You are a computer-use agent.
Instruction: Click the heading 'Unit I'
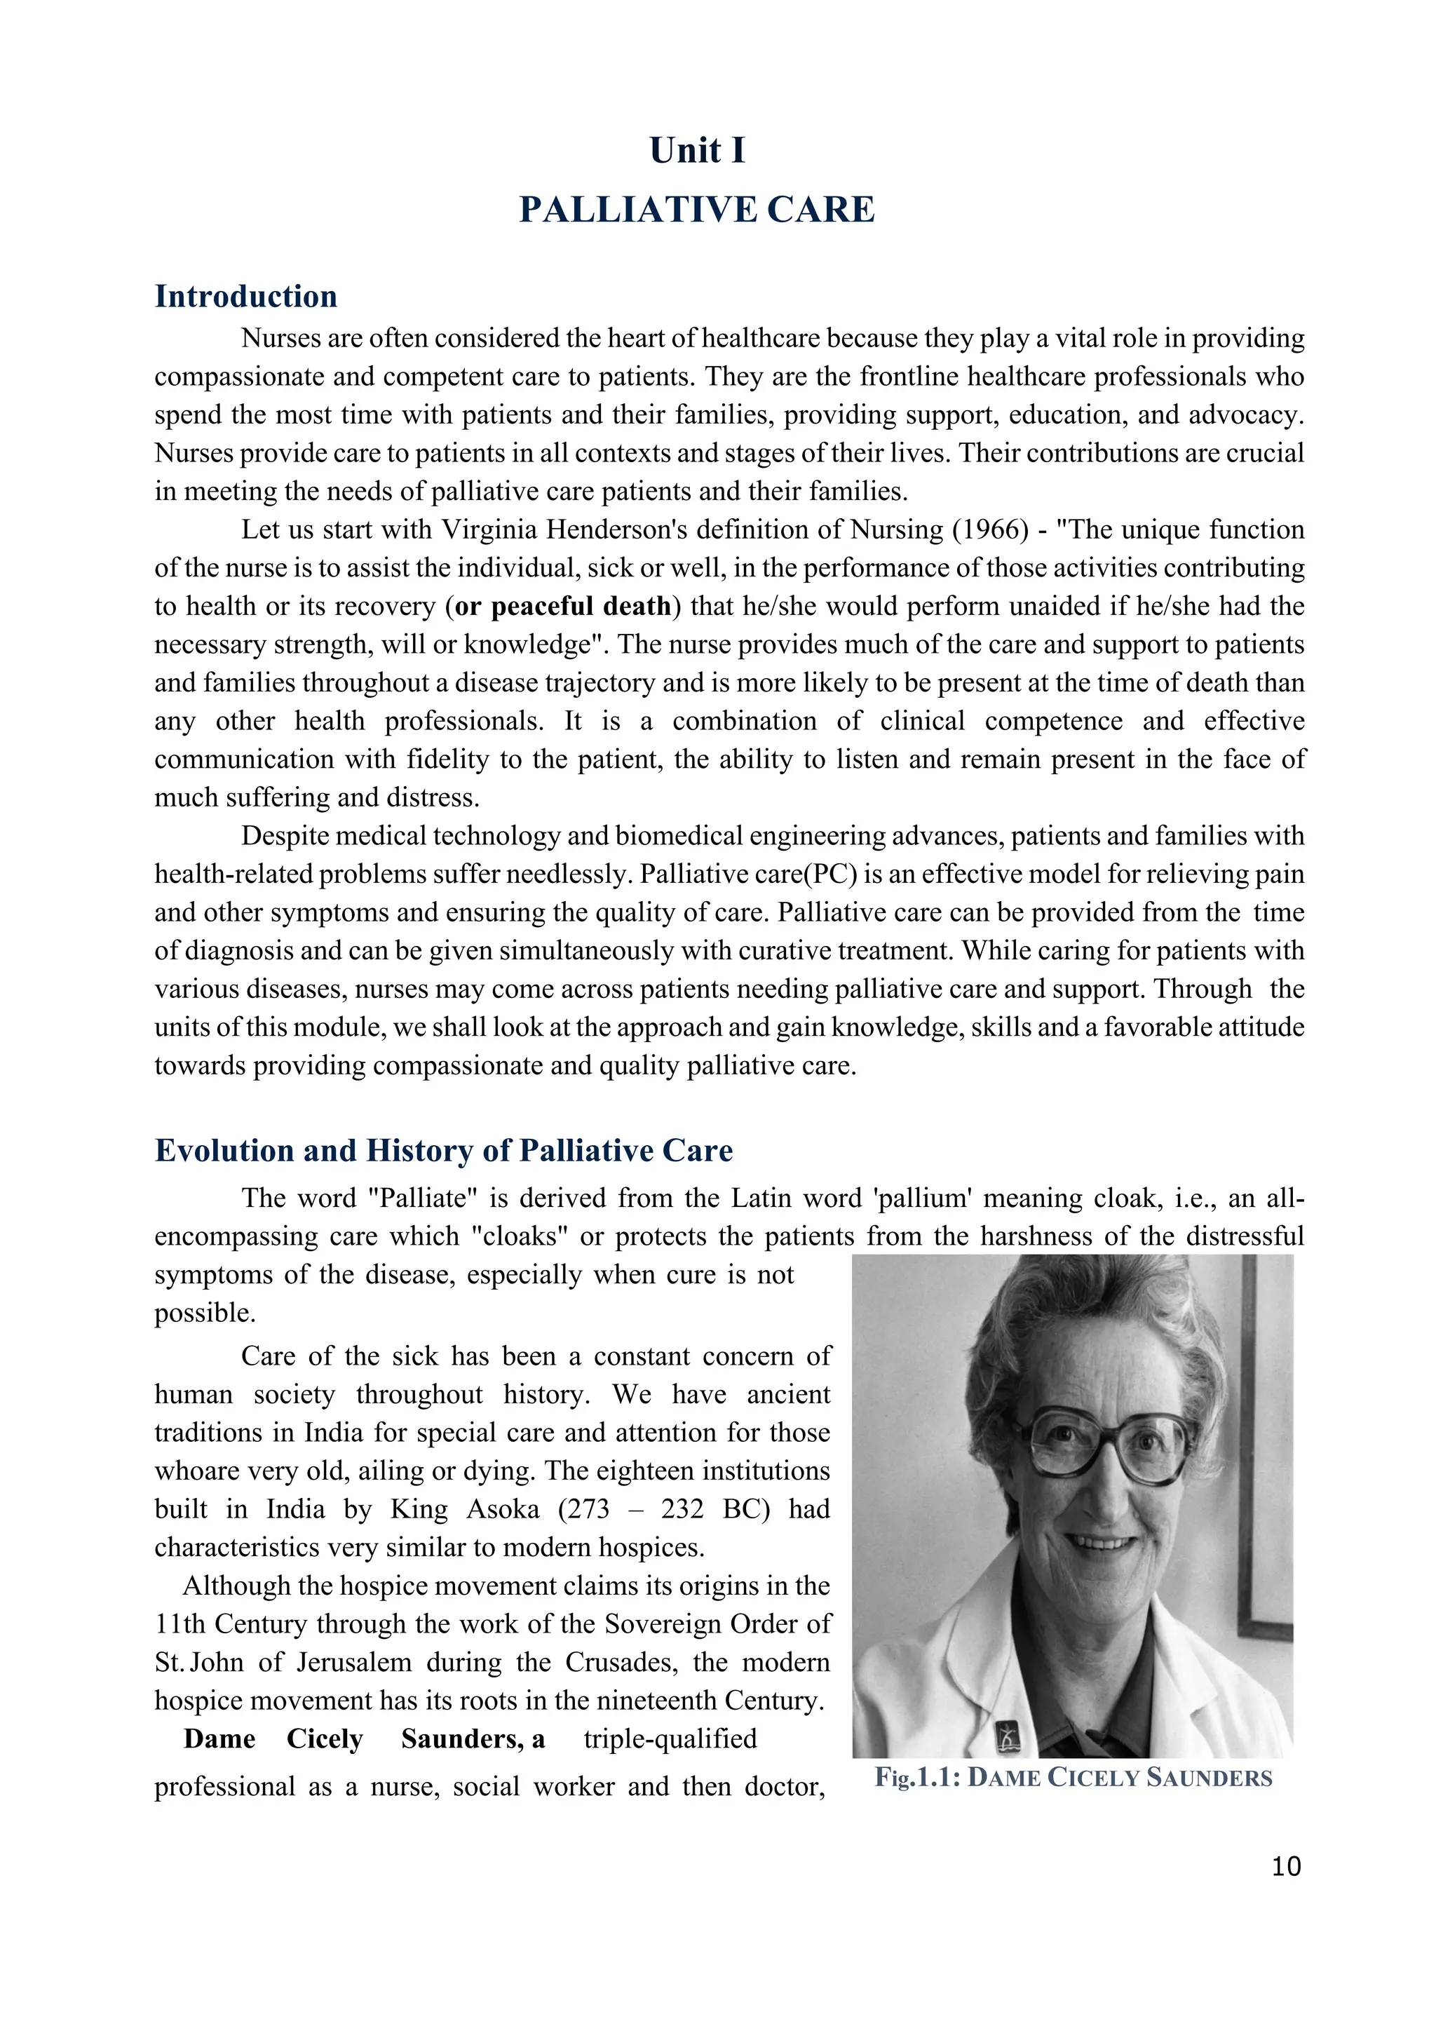point(697,151)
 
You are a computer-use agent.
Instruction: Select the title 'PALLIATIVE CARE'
point(697,210)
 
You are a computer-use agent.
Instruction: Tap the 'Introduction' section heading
point(245,296)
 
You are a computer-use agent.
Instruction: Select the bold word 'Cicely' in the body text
point(324,1739)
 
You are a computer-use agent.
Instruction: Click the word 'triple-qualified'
point(670,1739)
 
